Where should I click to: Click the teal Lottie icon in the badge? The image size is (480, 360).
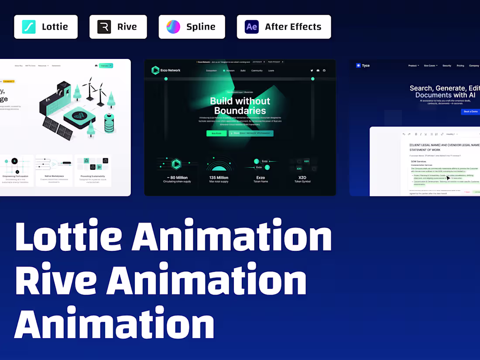pyautogui.click(x=29, y=27)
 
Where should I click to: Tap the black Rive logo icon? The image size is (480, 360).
pyautogui.click(x=104, y=27)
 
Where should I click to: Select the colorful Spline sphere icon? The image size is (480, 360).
pyautogui.click(x=173, y=27)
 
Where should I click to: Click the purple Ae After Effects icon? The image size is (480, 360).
pyautogui.click(x=252, y=27)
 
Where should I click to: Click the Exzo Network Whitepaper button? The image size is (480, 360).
pyautogui.click(x=251, y=133)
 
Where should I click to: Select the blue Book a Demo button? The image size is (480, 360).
pyautogui.click(x=470, y=112)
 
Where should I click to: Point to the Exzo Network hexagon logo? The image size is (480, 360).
pyautogui.click(x=156, y=70)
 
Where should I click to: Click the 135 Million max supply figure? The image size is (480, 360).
pyautogui.click(x=219, y=178)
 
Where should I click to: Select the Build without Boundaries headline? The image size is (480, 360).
pyautogui.click(x=240, y=106)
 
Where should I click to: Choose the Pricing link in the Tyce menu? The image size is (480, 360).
pyautogui.click(x=460, y=65)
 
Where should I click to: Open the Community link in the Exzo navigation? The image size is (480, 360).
pyautogui.click(x=257, y=70)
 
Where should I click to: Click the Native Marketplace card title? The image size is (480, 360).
pyautogui.click(x=54, y=176)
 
